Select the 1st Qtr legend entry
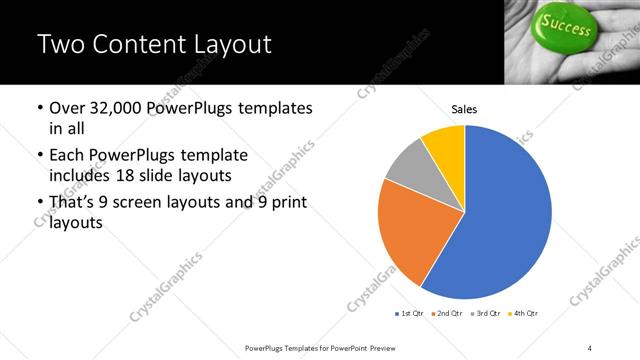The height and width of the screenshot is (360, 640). [x=410, y=314]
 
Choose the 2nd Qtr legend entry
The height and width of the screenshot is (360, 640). [x=445, y=314]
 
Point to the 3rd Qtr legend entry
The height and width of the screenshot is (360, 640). [x=484, y=314]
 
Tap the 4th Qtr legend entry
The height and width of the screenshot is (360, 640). [x=522, y=314]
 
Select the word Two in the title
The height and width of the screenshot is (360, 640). [x=59, y=45]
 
